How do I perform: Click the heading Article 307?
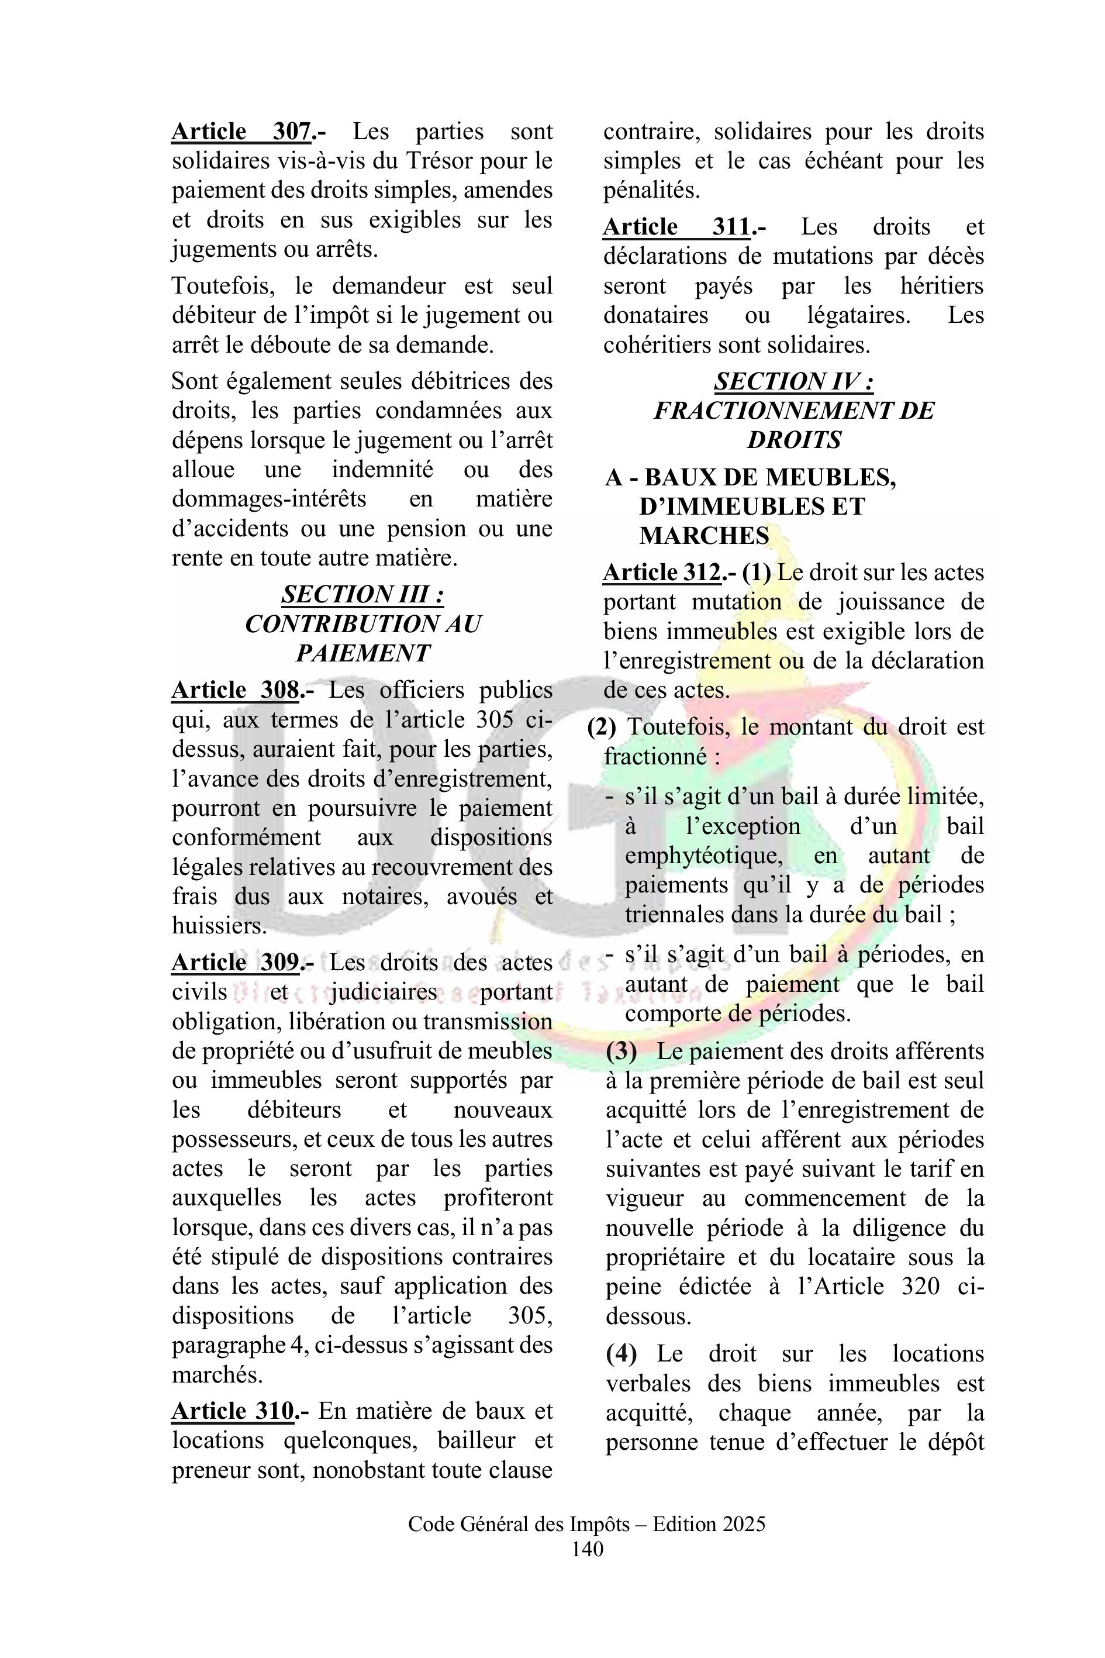point(241,132)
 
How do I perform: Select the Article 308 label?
point(236,690)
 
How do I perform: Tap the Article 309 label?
point(236,963)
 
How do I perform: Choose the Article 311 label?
point(676,227)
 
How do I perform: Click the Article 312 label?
point(662,573)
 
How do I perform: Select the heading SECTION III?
point(362,594)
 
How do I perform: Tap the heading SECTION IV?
point(793,381)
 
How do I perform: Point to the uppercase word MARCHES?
point(704,536)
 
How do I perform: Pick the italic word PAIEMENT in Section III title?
point(362,653)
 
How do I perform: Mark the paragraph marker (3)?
point(621,1052)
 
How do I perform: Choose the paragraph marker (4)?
point(621,1353)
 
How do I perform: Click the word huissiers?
point(217,926)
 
